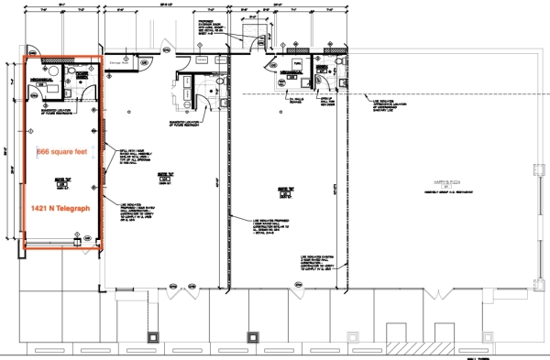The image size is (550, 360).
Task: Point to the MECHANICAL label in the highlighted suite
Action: [40, 82]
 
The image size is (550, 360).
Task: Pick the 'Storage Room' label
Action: [121, 63]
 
